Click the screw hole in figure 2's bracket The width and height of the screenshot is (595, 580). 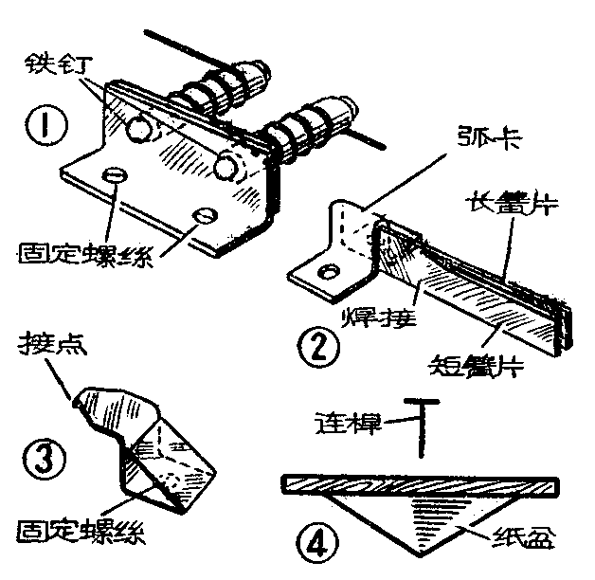click(328, 274)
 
